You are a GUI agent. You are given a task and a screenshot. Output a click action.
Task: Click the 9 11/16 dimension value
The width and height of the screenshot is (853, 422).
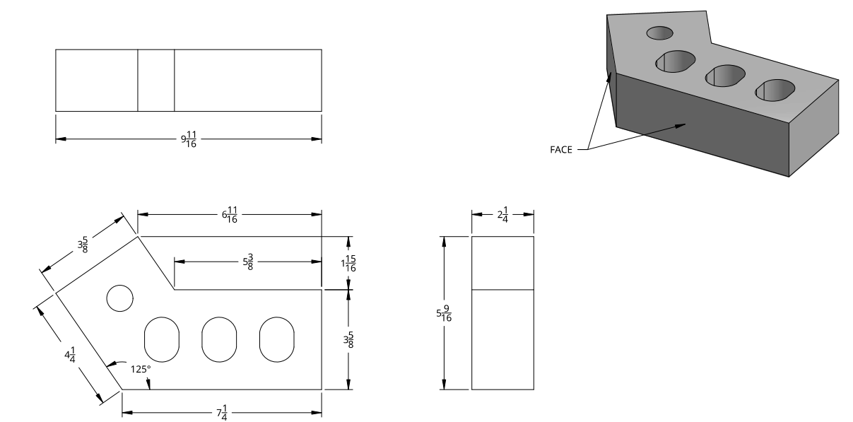pyautogui.click(x=189, y=139)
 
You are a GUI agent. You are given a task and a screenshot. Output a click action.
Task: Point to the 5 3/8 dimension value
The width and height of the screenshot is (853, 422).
pyautogui.click(x=248, y=262)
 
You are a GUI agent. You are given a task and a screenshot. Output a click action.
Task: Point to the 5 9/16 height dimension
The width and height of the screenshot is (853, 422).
pyautogui.click(x=445, y=312)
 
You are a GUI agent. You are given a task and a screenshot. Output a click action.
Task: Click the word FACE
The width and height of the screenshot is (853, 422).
pyautogui.click(x=562, y=149)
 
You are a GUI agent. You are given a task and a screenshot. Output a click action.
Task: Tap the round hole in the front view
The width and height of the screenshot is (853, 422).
pyautogui.click(x=119, y=298)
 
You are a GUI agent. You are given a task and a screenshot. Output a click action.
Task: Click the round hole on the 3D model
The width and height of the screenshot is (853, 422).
pyautogui.click(x=660, y=33)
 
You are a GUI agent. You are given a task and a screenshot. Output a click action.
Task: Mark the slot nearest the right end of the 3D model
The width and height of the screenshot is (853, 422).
pyautogui.click(x=775, y=90)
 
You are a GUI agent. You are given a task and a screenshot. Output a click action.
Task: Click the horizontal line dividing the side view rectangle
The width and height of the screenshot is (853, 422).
pyautogui.click(x=502, y=289)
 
